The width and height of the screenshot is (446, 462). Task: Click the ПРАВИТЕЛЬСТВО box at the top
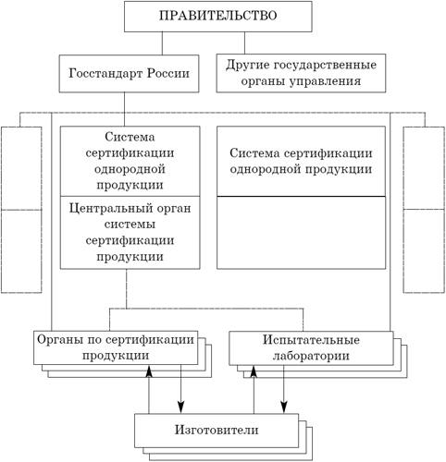point(218,16)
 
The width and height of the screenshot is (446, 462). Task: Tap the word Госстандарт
point(105,74)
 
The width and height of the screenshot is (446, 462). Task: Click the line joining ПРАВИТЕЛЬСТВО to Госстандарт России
point(162,43)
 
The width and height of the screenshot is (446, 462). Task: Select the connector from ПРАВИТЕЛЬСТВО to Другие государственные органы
point(245,43)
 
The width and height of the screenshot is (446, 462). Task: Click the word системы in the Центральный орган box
point(130,225)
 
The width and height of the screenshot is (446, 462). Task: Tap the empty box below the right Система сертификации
point(301,233)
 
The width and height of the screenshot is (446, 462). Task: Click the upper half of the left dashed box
point(21,168)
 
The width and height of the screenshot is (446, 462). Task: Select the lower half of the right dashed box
point(424,251)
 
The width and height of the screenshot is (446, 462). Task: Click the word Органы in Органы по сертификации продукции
point(57,340)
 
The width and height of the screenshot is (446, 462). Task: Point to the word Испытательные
point(311,340)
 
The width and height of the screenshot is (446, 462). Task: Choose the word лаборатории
point(311,357)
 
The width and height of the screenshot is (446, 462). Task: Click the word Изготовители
point(217,430)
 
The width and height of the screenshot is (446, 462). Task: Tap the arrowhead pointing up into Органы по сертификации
point(149,371)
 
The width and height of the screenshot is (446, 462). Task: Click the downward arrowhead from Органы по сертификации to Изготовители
point(180,407)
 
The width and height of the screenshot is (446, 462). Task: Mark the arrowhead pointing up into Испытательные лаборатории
point(254,371)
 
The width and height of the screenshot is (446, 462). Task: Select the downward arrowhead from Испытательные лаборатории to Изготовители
point(284,407)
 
